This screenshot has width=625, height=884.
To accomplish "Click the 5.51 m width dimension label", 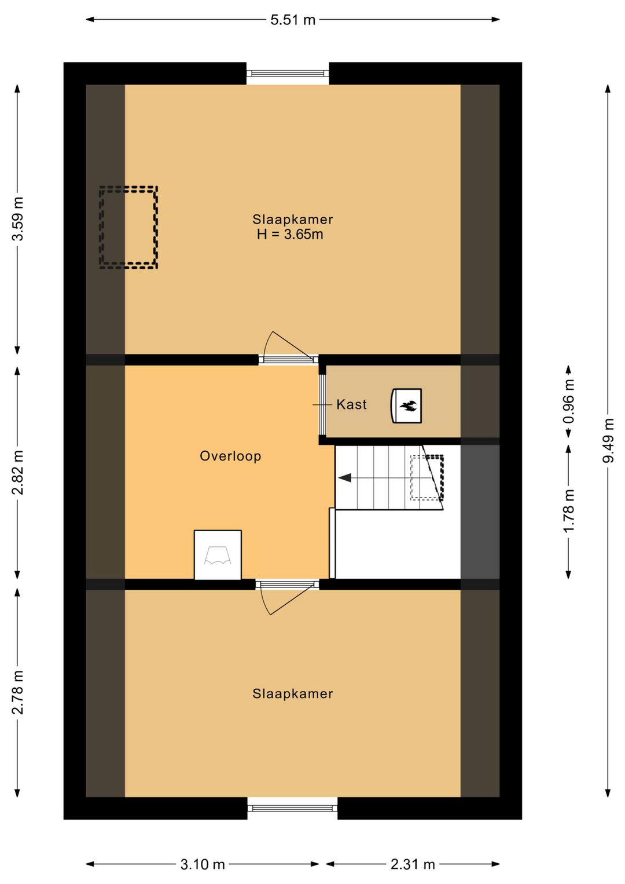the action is [293, 20].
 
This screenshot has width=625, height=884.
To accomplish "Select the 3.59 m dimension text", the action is [18, 218].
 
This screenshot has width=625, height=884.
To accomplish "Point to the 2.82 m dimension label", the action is [18, 472].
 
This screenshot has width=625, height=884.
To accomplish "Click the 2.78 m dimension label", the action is [18, 693].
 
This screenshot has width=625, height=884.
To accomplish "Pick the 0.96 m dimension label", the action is [569, 401].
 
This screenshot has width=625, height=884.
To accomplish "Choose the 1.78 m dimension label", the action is [569, 511].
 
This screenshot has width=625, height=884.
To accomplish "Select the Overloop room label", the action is [230, 456].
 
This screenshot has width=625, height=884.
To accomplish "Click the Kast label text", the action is [351, 404].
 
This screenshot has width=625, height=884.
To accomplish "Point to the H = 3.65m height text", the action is [291, 235].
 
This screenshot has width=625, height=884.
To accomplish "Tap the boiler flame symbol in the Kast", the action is [407, 406].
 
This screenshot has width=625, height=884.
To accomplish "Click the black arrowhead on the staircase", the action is [345, 478].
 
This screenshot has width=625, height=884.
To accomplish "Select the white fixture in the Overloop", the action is [218, 555].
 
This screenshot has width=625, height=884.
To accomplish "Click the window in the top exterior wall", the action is [288, 74].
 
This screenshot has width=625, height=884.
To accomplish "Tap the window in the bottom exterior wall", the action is [293, 809].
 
